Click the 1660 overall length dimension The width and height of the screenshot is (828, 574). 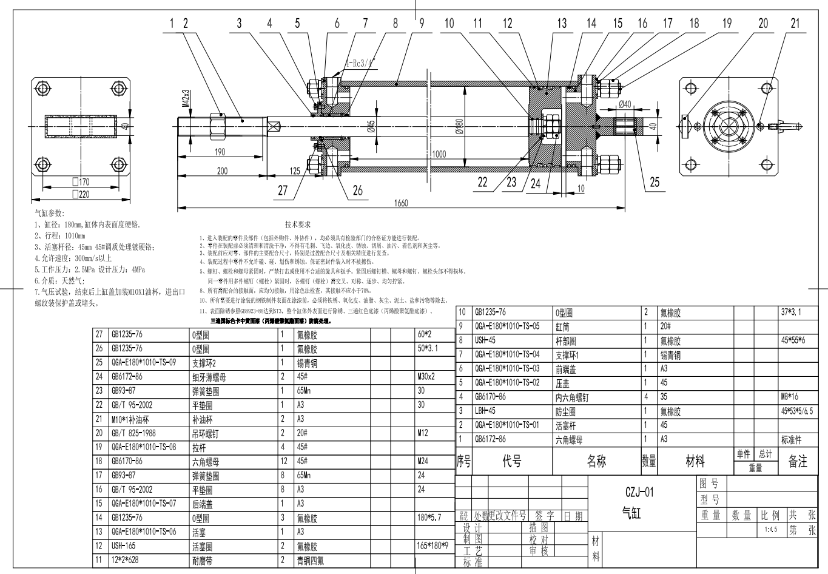(x=401, y=203)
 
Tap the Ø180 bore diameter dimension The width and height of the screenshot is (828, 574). (x=460, y=126)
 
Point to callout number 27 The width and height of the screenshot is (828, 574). (x=283, y=191)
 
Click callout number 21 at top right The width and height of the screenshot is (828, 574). (x=795, y=24)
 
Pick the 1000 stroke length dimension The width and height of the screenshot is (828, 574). (x=439, y=154)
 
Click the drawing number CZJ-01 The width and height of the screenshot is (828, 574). (x=639, y=491)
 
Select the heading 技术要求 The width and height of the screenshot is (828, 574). (x=298, y=225)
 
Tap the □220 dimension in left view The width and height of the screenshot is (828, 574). (x=80, y=194)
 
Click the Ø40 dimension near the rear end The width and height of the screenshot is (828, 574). (x=625, y=104)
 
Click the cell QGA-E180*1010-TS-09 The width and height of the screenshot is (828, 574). (x=143, y=362)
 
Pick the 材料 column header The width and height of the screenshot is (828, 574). (x=695, y=462)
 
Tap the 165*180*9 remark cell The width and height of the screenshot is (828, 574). (x=433, y=545)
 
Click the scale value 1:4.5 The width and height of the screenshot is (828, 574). (x=771, y=529)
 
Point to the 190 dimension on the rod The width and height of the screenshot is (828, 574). (x=220, y=152)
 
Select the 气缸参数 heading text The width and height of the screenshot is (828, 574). (x=49, y=213)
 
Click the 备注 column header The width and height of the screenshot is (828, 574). (x=797, y=462)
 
